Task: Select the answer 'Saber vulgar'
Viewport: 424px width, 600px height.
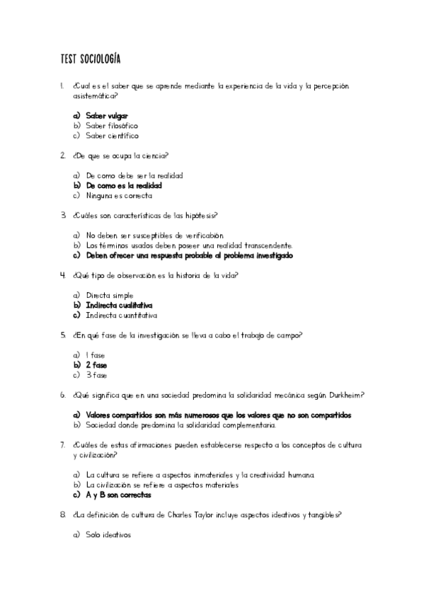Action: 106,115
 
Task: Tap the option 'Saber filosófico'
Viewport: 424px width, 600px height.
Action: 112,125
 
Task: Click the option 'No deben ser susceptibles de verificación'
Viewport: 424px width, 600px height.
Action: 154,235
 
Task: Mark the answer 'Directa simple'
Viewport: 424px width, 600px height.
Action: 109,295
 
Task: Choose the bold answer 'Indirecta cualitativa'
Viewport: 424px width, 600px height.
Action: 119,305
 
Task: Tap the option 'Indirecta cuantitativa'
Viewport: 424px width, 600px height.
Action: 121,316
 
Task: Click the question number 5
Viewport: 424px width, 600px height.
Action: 63,335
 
